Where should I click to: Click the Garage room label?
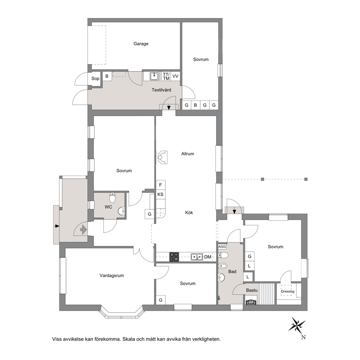point(141,44)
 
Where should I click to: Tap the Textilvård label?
point(161,90)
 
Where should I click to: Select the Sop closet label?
point(95,78)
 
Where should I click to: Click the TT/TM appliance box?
point(166,76)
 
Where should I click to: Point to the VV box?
point(175,76)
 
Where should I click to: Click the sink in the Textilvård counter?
point(155,76)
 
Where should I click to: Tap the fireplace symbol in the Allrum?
point(162,157)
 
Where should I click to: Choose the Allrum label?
point(188,154)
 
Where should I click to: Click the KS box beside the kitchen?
point(160,195)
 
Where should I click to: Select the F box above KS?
point(160,185)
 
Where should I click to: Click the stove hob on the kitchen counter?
point(174,257)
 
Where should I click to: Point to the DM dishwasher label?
point(208,257)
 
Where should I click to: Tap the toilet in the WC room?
point(112,197)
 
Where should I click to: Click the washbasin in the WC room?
point(122,211)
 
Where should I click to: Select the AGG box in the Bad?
point(222,247)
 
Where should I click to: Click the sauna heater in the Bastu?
point(251,302)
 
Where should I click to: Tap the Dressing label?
point(288,291)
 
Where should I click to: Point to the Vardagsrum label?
point(112,275)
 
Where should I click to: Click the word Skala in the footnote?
point(128,339)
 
